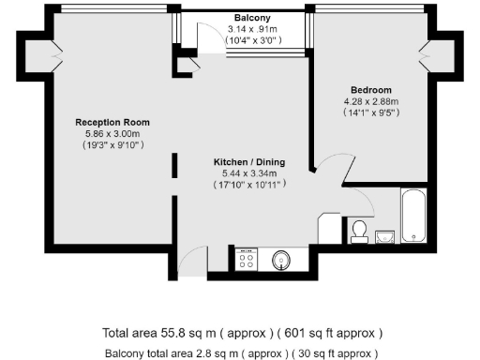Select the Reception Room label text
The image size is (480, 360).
[112, 123]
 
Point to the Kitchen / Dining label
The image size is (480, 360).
[249, 162]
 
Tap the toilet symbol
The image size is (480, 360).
[358, 229]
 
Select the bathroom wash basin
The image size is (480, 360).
[385, 234]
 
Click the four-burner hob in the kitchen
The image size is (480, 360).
[247, 260]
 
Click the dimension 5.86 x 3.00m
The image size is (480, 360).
[112, 134]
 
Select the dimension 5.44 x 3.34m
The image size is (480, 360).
[249, 173]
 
